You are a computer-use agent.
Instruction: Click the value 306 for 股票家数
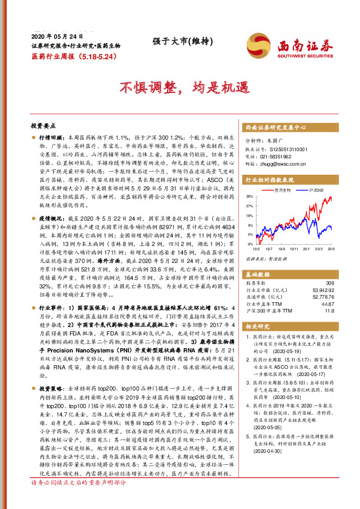(x=330, y=282)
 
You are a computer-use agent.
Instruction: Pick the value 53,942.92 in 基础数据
(x=322, y=290)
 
